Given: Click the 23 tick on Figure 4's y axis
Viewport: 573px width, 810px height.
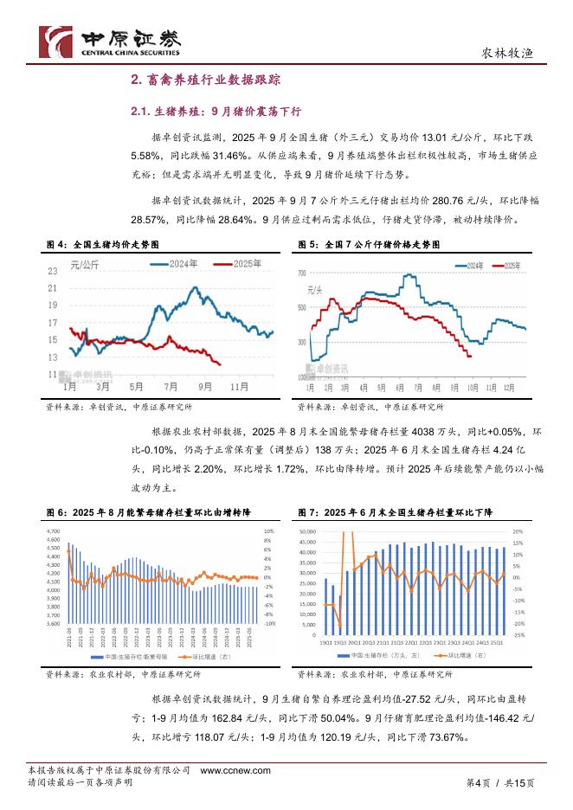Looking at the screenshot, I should point(53,272).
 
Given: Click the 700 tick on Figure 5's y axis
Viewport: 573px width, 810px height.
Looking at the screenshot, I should point(301,273).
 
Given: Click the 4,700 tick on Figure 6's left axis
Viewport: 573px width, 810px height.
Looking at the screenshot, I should point(51,530).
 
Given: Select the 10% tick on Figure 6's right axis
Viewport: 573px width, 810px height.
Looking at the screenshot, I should point(269,530).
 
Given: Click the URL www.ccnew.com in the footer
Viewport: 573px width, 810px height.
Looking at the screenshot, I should point(235,770).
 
